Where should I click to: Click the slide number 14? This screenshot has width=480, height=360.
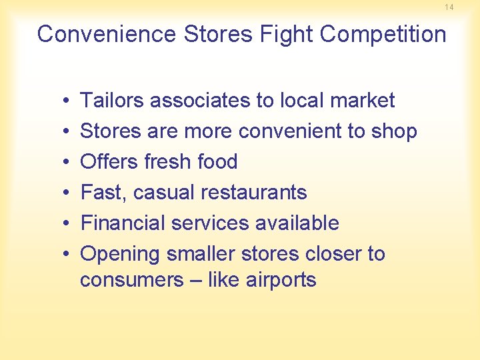(x=449, y=7)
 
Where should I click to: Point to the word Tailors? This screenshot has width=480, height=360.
(x=112, y=100)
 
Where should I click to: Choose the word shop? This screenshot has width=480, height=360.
(x=394, y=131)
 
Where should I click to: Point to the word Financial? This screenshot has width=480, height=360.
(x=123, y=223)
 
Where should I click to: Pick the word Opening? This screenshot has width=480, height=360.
(x=120, y=254)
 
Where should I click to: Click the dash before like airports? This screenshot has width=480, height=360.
(x=195, y=280)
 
